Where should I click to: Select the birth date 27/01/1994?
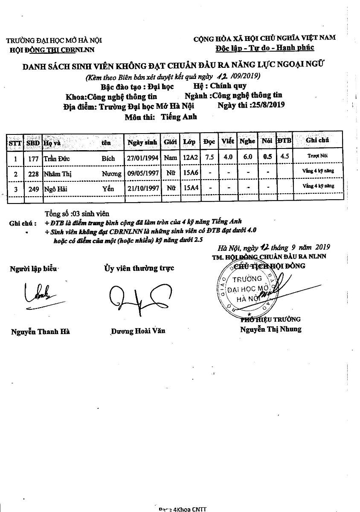point(143,158)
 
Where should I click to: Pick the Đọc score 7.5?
point(209,157)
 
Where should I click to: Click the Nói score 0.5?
point(267,157)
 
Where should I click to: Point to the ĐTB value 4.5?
point(285,156)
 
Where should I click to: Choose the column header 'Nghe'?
point(247,141)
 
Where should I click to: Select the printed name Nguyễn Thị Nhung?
point(270,329)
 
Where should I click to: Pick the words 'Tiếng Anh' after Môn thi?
point(179,117)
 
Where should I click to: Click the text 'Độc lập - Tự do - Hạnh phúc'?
point(264,47)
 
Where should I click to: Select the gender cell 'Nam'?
point(171,158)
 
